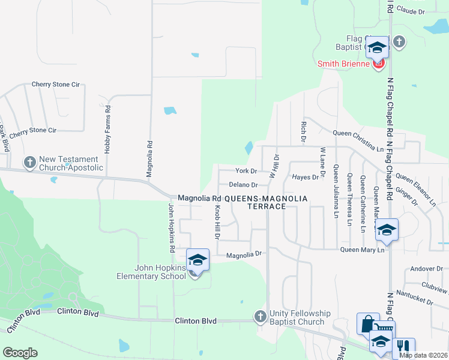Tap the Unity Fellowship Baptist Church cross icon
(260, 316)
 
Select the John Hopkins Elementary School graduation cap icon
(197, 260)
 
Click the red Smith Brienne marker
(378, 64)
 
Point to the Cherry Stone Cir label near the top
(55, 85)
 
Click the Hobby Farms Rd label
(107, 130)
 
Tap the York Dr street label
(246, 171)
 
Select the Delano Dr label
(243, 185)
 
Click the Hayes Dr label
(305, 177)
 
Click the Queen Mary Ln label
(362, 250)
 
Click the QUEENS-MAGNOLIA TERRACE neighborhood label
(266, 202)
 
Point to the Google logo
(20, 353)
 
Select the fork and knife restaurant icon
(404, 346)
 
